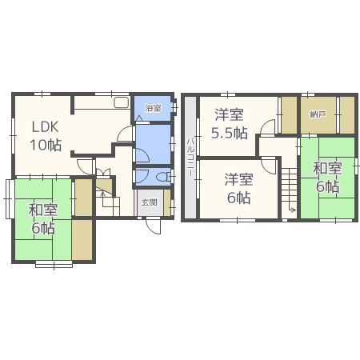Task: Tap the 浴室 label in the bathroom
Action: click(x=152, y=108)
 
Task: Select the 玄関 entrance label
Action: click(x=150, y=202)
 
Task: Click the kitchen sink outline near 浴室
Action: click(x=121, y=102)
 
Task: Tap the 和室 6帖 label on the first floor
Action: click(x=42, y=219)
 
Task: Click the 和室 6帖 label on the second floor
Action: click(x=326, y=178)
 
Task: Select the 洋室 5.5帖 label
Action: click(x=228, y=123)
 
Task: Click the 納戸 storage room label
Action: click(x=318, y=115)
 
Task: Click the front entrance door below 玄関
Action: click(x=153, y=224)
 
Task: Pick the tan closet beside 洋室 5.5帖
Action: click(x=288, y=114)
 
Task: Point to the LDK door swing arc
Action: click(x=84, y=164)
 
